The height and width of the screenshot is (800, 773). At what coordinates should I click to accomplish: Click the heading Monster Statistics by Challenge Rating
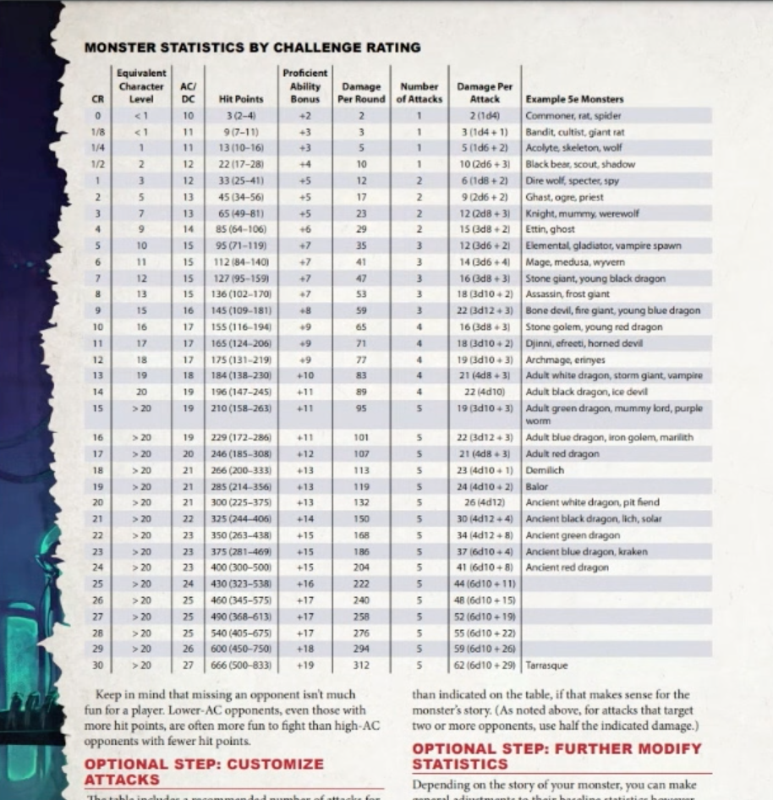click(252, 47)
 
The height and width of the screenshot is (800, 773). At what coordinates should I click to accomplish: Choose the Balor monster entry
click(537, 486)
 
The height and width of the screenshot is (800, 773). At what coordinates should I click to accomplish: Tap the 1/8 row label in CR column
click(98, 132)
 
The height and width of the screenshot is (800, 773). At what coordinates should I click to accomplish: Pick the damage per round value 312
click(361, 665)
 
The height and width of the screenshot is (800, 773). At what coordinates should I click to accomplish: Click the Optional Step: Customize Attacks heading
click(203, 770)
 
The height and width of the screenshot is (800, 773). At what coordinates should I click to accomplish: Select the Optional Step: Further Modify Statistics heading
click(556, 756)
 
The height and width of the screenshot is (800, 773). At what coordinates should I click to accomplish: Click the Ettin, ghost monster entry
click(550, 229)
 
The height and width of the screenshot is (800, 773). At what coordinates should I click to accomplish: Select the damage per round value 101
click(361, 437)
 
